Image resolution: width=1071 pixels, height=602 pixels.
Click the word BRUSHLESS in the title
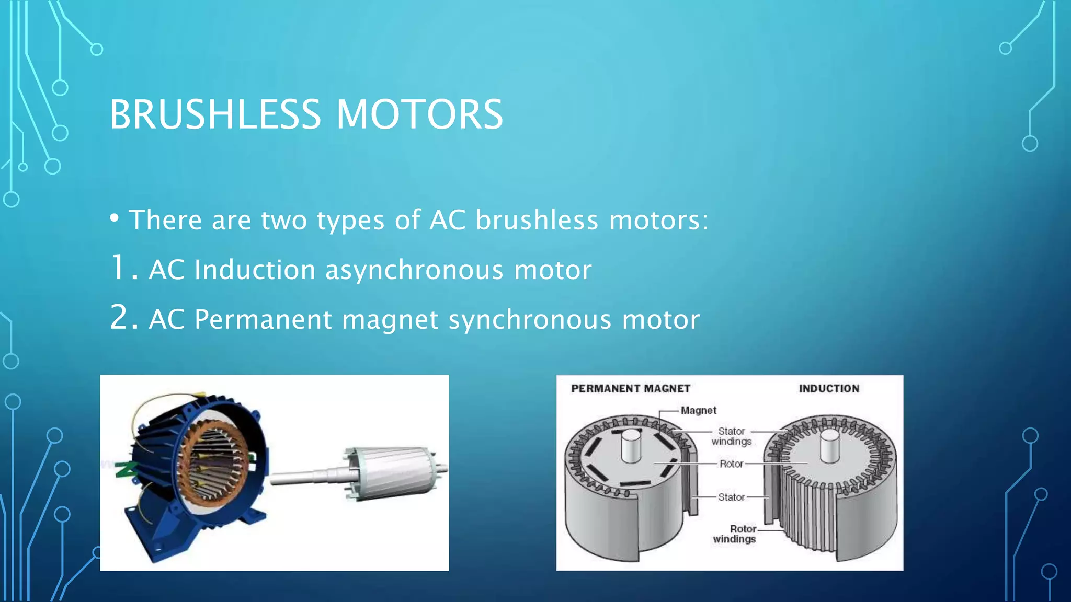coord(215,115)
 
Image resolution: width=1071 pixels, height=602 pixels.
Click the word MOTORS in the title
coord(419,115)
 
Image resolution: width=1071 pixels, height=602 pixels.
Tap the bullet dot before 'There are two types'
coord(115,217)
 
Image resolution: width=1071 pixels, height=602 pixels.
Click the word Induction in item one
coord(255,270)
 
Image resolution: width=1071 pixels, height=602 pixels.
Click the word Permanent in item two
coord(263,319)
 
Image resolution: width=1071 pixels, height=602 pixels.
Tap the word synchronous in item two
coord(530,319)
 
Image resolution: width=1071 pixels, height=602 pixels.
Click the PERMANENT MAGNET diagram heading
coord(631,389)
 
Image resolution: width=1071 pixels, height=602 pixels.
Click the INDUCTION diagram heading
coord(829,389)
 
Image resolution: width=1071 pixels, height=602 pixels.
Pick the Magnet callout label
coord(699,411)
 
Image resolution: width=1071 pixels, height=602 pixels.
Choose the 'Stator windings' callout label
coord(731,436)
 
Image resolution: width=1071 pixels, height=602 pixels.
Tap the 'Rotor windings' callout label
coord(735,534)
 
